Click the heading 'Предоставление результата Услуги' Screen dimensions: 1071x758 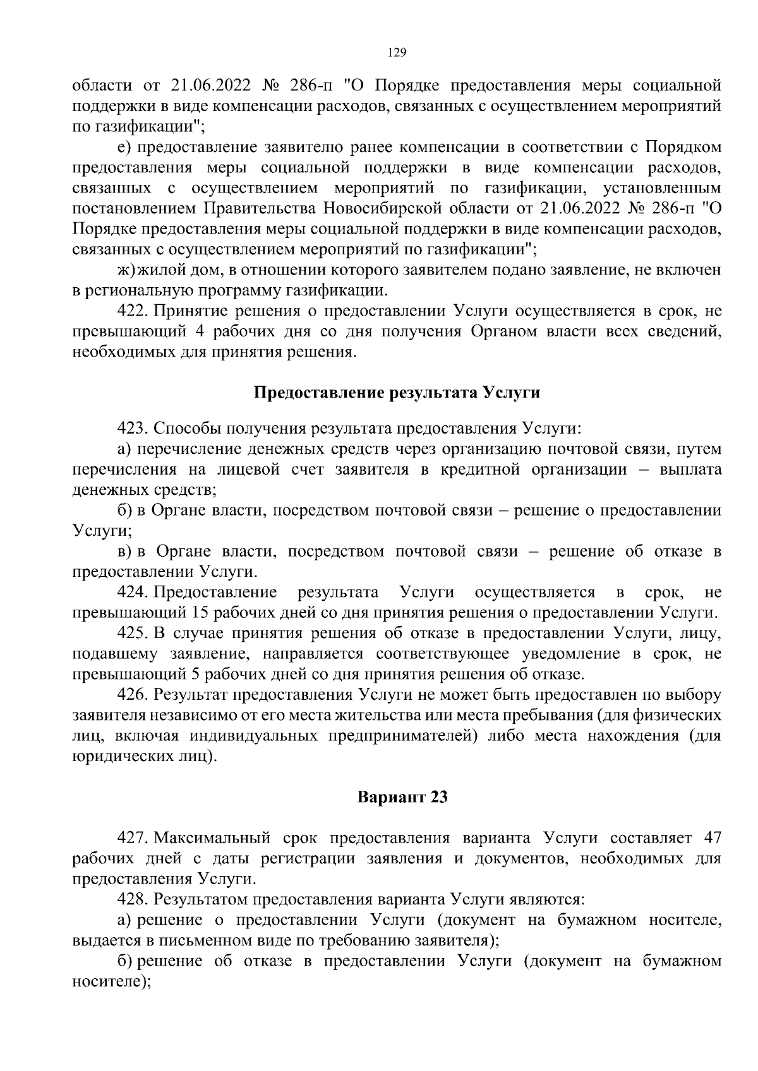tap(397, 393)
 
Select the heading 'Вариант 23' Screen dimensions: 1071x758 tap(402, 797)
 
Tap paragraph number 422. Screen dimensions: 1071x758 tap(133, 311)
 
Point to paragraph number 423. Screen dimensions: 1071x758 tap(133, 429)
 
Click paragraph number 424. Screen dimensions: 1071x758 tap(133, 592)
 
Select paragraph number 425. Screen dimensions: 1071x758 tap(133, 633)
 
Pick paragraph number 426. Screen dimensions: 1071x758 tap(133, 695)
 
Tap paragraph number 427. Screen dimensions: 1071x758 tap(133, 838)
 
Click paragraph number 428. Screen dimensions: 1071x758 tap(133, 899)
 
